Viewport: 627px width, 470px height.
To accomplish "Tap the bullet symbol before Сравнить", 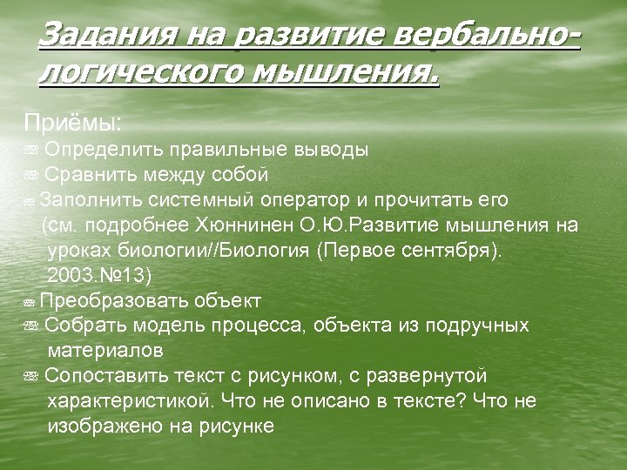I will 30,176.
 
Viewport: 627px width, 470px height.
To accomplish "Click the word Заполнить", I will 91,200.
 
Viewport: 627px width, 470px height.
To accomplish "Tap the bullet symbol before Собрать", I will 30,326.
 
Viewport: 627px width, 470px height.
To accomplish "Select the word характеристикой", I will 130,401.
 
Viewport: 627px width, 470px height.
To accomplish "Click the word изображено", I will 101,426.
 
